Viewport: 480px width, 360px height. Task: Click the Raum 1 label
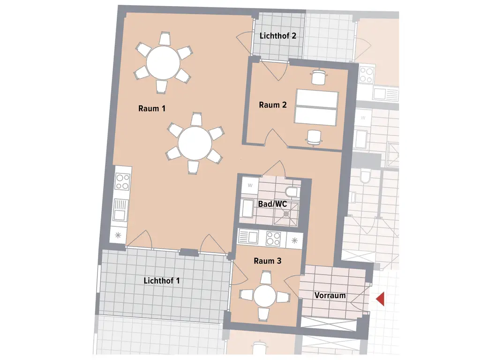[152, 108]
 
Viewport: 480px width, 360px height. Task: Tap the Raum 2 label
[273, 105]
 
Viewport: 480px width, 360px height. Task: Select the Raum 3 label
[267, 261]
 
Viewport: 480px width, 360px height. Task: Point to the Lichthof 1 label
[161, 281]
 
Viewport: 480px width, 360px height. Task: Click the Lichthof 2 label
[277, 36]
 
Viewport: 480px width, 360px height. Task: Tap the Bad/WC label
[272, 204]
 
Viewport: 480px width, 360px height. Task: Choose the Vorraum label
[330, 295]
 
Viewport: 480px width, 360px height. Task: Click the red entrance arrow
[380, 299]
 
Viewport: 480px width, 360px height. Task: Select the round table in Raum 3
[265, 296]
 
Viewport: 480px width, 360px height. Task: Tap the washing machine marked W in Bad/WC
[250, 185]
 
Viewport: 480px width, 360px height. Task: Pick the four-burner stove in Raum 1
[123, 181]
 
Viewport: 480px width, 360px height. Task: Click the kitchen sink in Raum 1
[120, 210]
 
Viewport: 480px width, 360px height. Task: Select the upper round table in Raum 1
[163, 63]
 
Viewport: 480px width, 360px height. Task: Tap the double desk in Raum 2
[316, 107]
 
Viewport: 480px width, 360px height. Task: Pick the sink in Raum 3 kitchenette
[248, 237]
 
